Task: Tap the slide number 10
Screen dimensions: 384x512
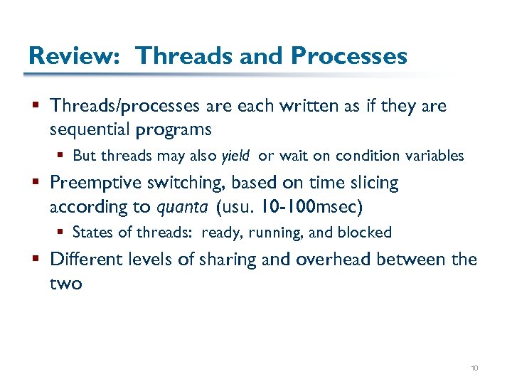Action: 474,368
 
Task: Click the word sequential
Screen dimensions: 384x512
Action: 95,129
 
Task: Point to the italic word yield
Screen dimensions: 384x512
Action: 237,156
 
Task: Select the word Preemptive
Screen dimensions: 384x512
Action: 97,183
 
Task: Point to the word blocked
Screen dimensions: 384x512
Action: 366,233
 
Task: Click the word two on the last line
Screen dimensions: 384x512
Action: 66,284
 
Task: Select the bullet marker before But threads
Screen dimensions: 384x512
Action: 63,156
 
